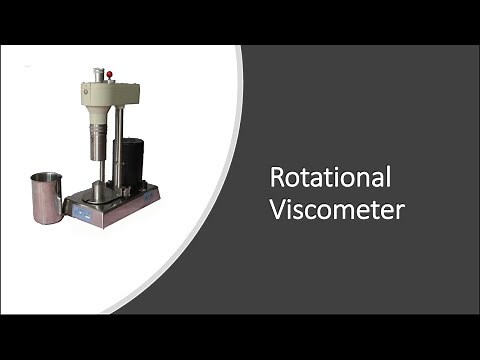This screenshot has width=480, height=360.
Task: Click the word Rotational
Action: click(x=330, y=179)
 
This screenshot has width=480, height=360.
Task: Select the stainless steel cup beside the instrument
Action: click(x=47, y=197)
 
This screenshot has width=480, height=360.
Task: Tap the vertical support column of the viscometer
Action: click(x=119, y=150)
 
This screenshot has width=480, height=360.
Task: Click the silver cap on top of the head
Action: click(x=99, y=74)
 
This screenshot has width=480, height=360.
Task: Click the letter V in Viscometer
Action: click(x=279, y=211)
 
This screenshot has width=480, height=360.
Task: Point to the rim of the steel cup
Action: click(x=46, y=177)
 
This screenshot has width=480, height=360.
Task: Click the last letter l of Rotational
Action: click(x=388, y=178)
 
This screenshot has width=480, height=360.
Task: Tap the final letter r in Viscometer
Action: click(x=397, y=213)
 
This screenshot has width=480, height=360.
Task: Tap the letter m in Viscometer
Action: click(x=349, y=213)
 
